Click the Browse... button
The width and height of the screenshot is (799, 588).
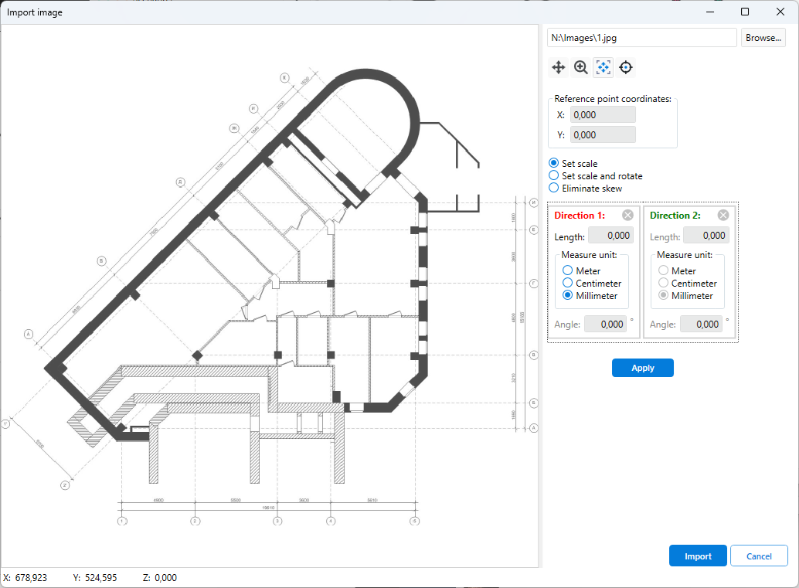[x=763, y=37]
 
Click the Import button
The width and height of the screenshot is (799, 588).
[x=698, y=556]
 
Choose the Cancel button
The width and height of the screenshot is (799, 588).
[x=759, y=556]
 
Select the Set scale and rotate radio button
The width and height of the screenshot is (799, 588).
[x=553, y=176]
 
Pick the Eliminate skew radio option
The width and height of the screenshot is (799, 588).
[x=553, y=189]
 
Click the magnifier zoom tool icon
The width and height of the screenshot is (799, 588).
[x=581, y=68]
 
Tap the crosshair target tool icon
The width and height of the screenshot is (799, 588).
[x=626, y=68]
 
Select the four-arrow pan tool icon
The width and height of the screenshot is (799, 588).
[x=558, y=68]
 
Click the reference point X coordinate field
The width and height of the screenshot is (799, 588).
[x=603, y=115]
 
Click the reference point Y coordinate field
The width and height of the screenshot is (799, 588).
[x=603, y=135]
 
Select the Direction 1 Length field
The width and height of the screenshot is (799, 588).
[x=610, y=236]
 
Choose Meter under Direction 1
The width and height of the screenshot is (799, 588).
[x=568, y=271]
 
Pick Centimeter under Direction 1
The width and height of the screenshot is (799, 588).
[x=568, y=284]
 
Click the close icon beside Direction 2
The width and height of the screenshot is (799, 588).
[x=723, y=216]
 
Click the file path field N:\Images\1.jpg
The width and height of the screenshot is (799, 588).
[x=641, y=37]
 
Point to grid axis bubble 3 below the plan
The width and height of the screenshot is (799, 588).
[x=277, y=522]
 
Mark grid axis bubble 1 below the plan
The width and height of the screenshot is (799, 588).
[x=121, y=522]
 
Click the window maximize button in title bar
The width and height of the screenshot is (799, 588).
[x=745, y=12]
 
